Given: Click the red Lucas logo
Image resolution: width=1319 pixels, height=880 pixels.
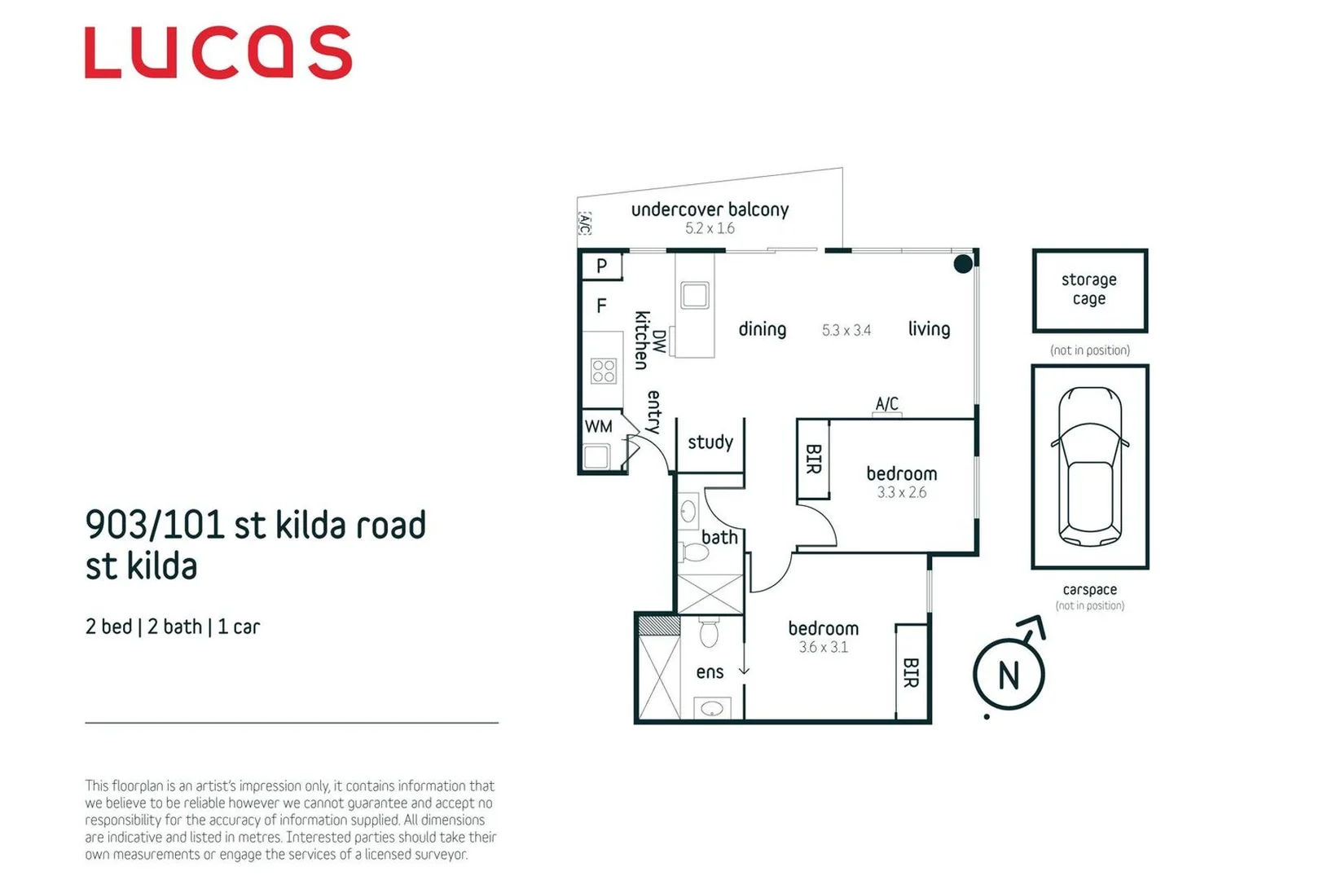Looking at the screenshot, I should click(x=218, y=53).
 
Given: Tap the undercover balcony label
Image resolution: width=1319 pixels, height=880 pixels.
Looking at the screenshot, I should click(x=710, y=209).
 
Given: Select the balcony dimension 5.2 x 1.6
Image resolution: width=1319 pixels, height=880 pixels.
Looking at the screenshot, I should click(x=710, y=229).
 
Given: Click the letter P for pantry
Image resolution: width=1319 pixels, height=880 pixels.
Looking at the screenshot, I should click(x=601, y=266).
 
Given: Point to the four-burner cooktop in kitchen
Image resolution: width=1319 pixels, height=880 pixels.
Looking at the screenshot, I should click(x=604, y=372).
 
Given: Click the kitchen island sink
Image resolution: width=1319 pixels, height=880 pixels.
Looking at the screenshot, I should click(x=695, y=295).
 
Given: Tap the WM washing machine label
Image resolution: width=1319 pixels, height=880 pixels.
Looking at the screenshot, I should click(x=598, y=427).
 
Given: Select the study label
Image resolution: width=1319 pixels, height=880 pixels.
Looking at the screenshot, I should click(x=710, y=442).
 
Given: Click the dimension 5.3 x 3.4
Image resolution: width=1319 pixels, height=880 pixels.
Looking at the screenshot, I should click(x=846, y=330).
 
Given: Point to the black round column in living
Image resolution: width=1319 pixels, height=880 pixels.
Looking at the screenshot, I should click(x=963, y=263).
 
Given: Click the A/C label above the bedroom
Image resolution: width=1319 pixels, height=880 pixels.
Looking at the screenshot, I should click(x=886, y=403).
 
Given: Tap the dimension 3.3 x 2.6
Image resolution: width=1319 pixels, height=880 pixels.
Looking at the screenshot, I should click(x=901, y=493).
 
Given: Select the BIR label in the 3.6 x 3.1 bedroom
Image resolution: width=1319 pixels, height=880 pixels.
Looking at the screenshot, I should click(x=911, y=673).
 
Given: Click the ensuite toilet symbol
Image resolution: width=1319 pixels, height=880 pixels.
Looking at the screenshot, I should click(x=709, y=632).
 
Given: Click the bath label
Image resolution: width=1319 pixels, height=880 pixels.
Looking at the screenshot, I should click(x=719, y=538).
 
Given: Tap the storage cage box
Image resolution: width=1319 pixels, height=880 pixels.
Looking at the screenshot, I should click(x=1089, y=290).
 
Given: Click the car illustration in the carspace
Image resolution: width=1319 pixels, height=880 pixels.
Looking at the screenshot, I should click(x=1089, y=466).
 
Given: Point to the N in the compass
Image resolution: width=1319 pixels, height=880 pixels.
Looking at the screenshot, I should click(x=1009, y=675).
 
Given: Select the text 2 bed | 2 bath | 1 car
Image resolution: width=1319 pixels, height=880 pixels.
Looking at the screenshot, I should click(x=173, y=627).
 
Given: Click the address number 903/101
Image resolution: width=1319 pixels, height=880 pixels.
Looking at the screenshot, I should click(x=154, y=526).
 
